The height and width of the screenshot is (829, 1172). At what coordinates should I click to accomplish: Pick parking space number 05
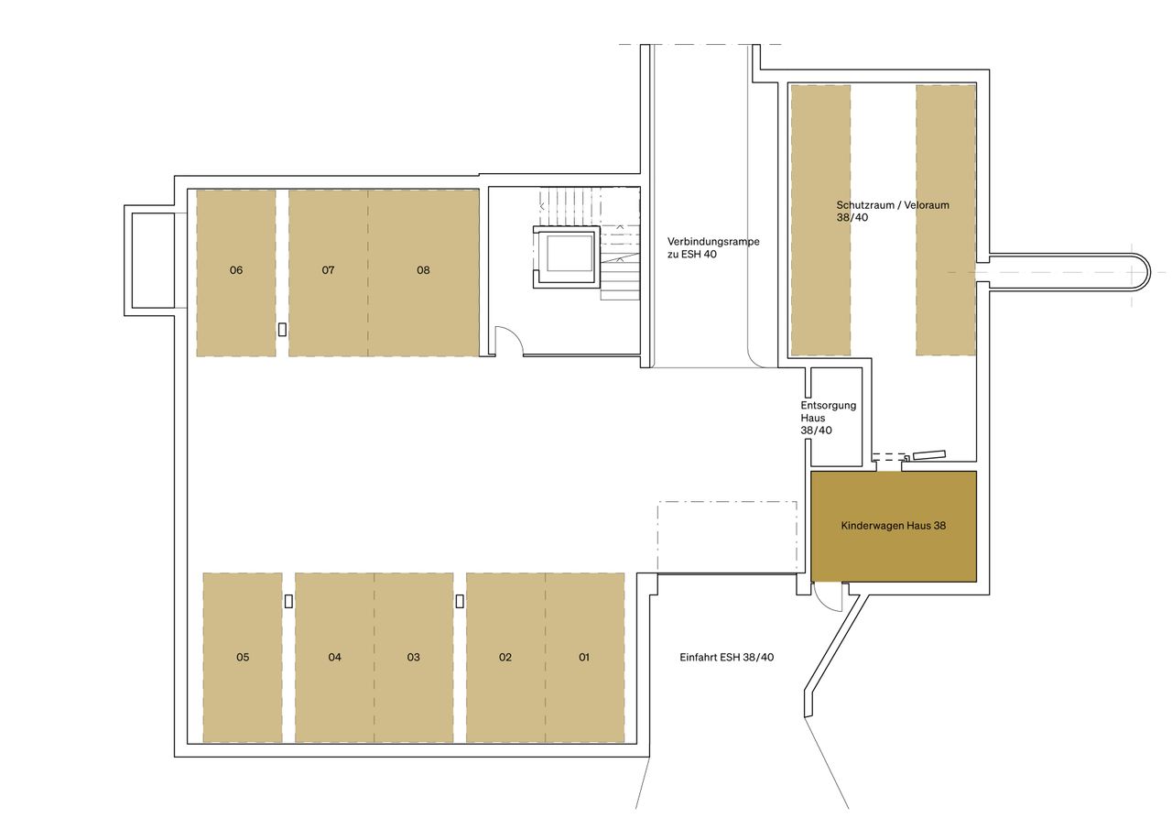(x=243, y=658)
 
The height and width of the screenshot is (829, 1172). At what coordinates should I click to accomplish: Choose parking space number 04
(x=335, y=658)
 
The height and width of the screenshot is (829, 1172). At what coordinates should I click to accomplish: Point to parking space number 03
(x=414, y=658)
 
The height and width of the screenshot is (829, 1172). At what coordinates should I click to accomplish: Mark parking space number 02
(x=505, y=658)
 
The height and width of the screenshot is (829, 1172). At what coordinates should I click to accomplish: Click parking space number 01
(x=584, y=658)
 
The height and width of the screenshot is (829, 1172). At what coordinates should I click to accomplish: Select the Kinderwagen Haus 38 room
(x=894, y=526)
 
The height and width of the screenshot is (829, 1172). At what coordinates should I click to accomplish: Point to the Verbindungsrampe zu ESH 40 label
(x=713, y=247)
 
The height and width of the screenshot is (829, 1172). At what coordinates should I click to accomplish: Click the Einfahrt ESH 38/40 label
(x=727, y=658)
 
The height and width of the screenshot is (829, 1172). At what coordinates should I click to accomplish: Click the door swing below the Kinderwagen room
(x=828, y=598)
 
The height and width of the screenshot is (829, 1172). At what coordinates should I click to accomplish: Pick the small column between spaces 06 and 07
(x=282, y=329)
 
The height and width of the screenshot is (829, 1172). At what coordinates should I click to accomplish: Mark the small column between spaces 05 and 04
(x=288, y=601)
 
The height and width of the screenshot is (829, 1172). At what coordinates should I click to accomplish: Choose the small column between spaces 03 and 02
(x=460, y=601)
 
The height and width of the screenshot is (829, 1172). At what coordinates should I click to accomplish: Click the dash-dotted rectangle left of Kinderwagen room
(x=727, y=537)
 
